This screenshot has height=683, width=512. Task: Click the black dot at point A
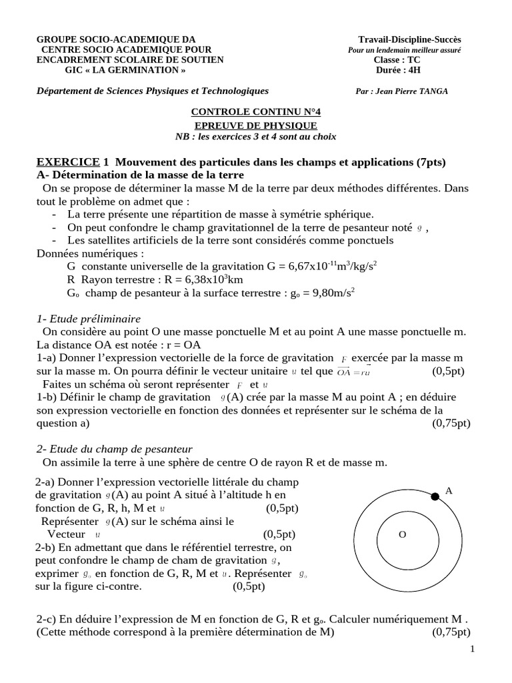435,496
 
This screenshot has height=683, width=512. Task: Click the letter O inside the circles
401,534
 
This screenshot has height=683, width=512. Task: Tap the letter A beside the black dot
449,490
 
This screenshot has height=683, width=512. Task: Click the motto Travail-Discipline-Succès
409,40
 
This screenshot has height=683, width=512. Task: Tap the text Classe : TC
398,59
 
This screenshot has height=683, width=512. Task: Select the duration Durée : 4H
398,69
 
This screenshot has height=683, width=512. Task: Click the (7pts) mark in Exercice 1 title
431,161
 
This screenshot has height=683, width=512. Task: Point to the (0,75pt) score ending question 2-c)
451,632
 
